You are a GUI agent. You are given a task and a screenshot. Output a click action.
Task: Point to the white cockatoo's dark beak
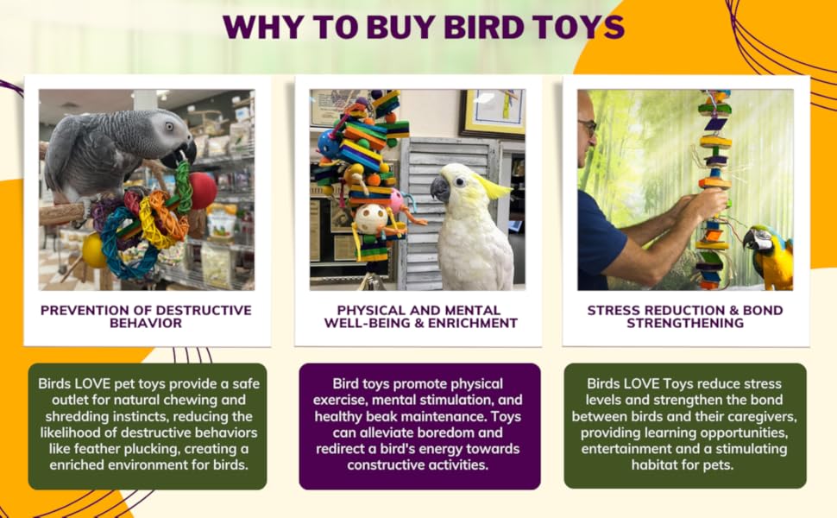441,188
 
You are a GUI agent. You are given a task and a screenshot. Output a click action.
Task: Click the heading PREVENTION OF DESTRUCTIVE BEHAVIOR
146,316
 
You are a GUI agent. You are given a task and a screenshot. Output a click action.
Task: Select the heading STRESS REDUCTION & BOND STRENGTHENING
687,316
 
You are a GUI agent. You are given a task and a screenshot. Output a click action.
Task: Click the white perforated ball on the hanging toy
371,218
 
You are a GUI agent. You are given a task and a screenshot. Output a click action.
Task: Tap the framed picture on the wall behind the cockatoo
491,111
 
